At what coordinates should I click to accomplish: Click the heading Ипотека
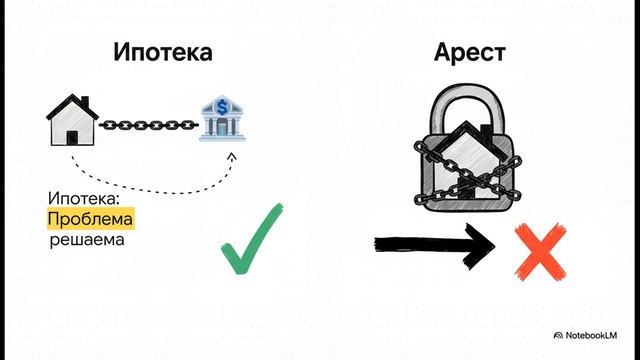pyautogui.click(x=163, y=52)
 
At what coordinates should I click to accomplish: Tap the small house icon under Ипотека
pyautogui.click(x=73, y=121)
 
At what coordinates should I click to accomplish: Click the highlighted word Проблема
pyautogui.click(x=89, y=219)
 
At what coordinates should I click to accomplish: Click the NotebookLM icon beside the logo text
pyautogui.click(x=558, y=335)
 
